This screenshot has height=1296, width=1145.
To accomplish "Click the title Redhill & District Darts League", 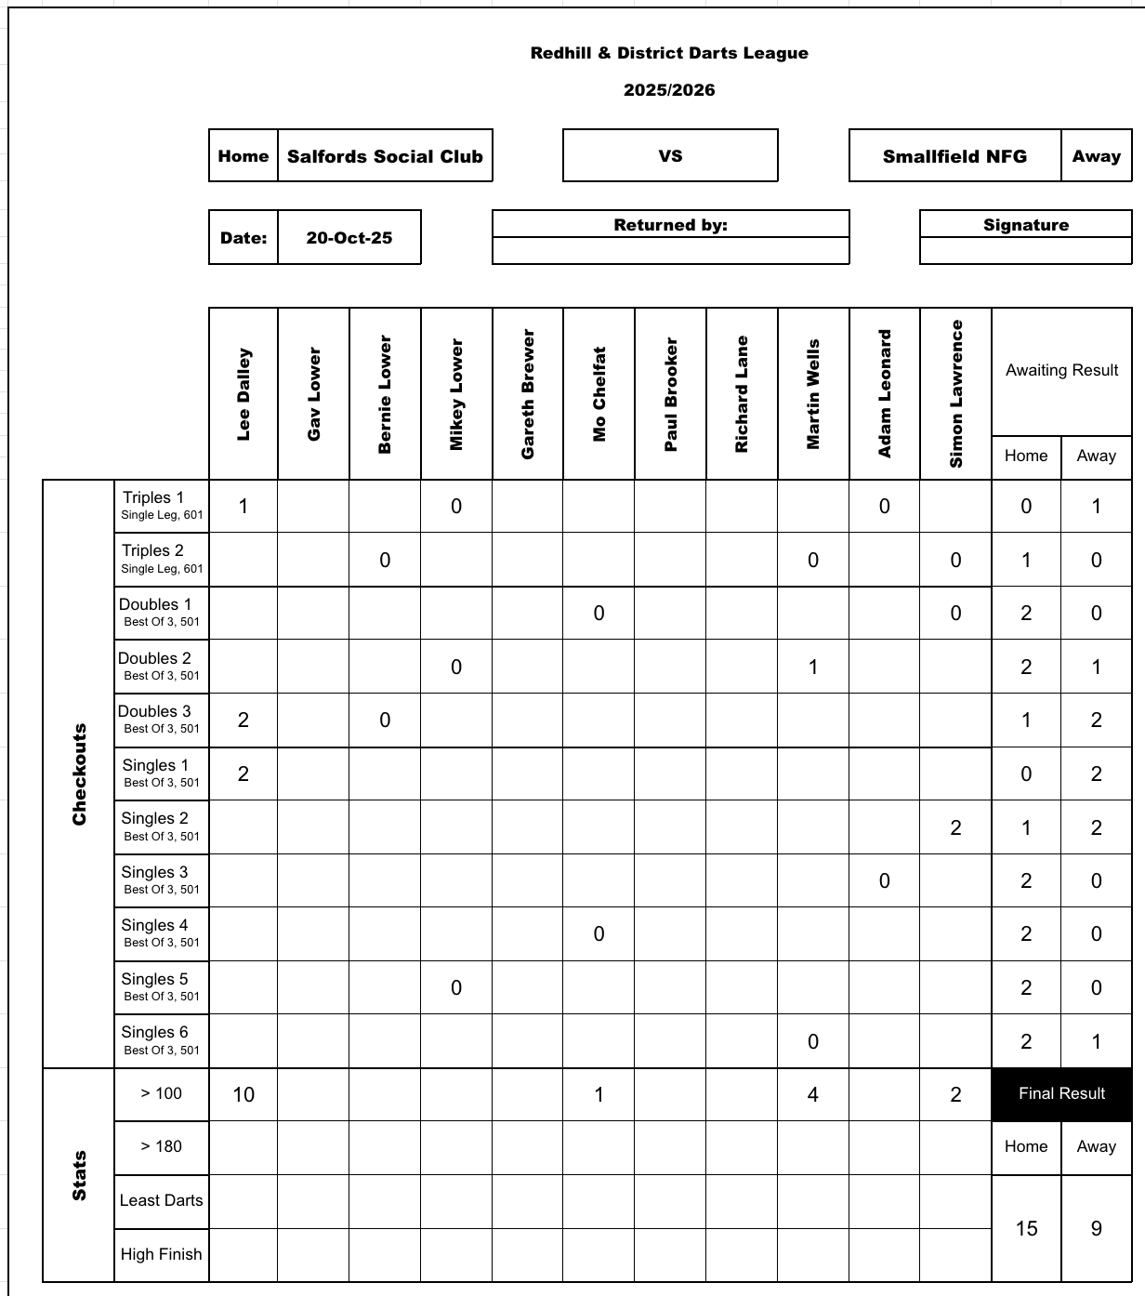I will coord(669,53).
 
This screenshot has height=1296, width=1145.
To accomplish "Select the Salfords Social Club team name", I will coord(385,156).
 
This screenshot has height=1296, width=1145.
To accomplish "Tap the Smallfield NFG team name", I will coord(954,156).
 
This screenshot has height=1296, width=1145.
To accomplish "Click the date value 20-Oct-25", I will coord(349,238).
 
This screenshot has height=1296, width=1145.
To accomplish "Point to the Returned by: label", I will coord(670,225).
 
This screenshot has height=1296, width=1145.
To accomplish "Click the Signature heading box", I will coord(1026,225).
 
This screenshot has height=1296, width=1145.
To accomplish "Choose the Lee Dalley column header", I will coord(243,394).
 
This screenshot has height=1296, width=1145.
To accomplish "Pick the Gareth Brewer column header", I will coord(528,394).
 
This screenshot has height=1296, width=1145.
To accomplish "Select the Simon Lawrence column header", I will coord(955,394).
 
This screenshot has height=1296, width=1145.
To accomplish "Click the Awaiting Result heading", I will coord(1061,370).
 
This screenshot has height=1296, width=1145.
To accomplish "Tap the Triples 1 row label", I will coord(162,506).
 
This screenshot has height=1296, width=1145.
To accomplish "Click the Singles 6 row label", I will coord(162,1040).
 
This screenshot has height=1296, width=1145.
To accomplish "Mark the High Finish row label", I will coord(162,1254).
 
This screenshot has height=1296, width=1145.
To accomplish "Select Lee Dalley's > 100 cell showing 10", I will coord(243,1094).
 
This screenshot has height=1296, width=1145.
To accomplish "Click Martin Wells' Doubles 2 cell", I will coord(813,667).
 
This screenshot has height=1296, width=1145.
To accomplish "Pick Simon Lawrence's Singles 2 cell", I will coord(955,827).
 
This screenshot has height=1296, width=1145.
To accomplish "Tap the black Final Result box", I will coord(1061,1094).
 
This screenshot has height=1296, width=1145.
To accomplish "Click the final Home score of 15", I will coord(1026,1228).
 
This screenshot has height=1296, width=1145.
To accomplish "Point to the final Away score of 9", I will coord(1097,1228).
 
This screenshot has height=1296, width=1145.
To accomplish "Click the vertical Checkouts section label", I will coord(79,774).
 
